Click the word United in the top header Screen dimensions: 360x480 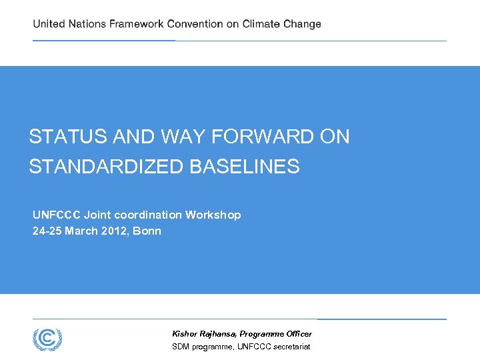[x=49, y=24]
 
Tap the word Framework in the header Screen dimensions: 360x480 [x=136, y=24]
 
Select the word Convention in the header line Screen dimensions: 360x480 [x=195, y=24]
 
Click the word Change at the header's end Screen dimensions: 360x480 [x=303, y=24]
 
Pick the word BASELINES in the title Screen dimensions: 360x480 [x=245, y=167]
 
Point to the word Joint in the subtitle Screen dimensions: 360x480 [x=98, y=215]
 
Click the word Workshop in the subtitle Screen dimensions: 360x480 [x=213, y=215]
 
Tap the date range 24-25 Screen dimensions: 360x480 [x=46, y=231]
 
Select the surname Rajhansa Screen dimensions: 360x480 [x=217, y=334]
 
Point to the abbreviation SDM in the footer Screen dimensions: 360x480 [x=181, y=347]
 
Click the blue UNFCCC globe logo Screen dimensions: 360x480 [x=47, y=339]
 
